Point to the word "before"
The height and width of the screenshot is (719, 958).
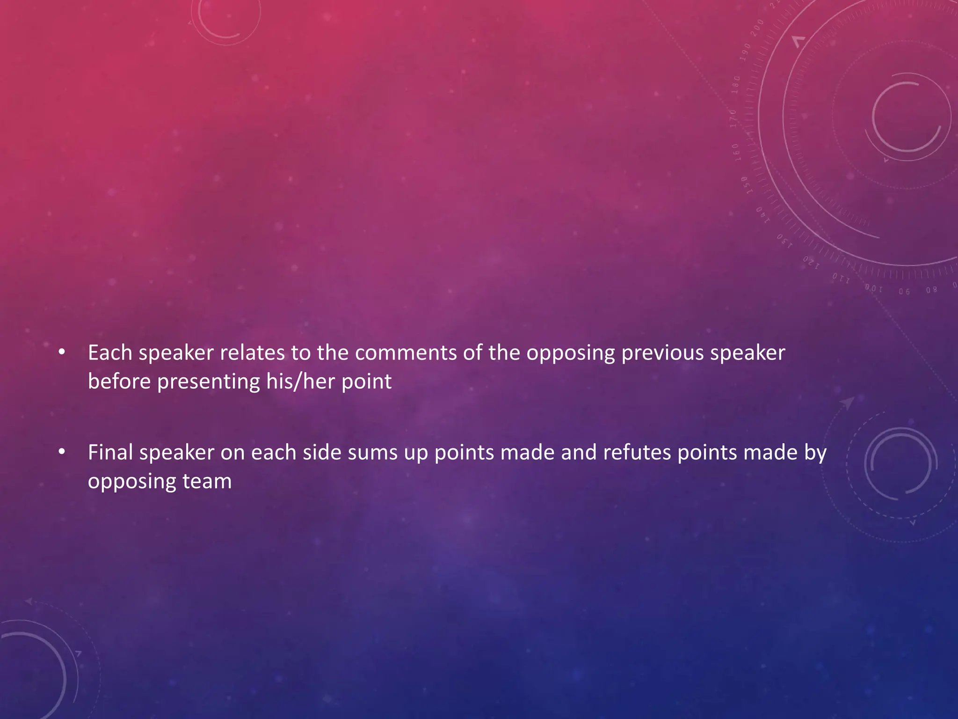tap(119, 381)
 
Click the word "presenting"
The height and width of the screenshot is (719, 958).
tap(208, 382)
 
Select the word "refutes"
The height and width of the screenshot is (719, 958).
tap(637, 452)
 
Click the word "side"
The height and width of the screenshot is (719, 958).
tap(322, 452)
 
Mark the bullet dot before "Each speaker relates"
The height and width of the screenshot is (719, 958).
tap(61, 354)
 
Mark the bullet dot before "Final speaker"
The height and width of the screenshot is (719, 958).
tap(61, 453)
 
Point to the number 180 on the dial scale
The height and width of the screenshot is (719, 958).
tap(736, 85)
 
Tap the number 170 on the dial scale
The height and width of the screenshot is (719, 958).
tap(733, 118)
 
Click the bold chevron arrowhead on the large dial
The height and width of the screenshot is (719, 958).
tap(798, 42)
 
